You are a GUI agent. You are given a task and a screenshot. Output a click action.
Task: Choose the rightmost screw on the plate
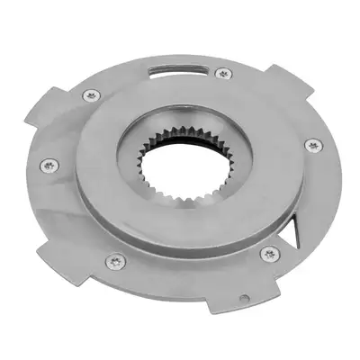tap(311, 144)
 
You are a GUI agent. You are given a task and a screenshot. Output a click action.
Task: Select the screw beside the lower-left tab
tap(118, 261)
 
